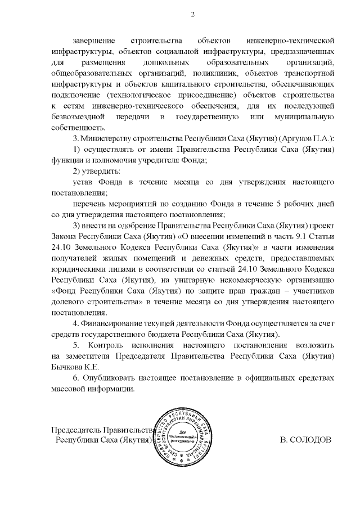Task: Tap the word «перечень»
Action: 91,204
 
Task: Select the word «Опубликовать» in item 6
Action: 111,380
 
